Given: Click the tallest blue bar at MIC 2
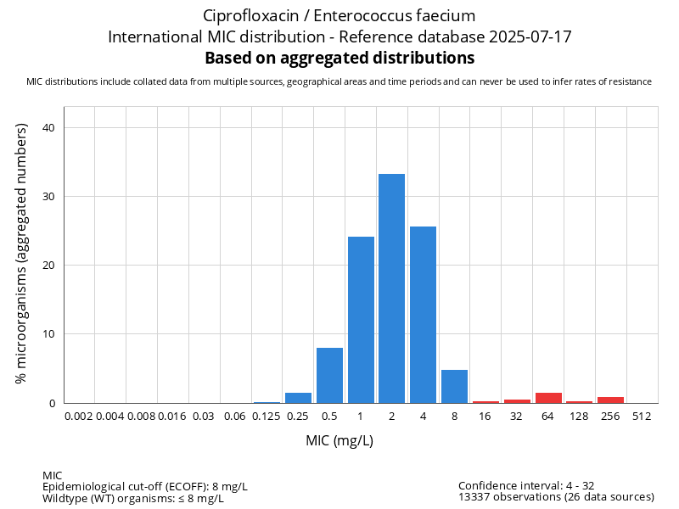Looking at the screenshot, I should (391, 288).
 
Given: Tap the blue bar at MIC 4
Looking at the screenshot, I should (423, 315).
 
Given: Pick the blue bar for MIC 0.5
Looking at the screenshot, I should (329, 375).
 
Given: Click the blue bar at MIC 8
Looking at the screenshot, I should (454, 387).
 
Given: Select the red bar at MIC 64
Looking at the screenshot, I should (548, 398).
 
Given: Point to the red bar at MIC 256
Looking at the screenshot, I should (610, 400).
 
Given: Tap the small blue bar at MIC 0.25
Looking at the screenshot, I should (298, 398).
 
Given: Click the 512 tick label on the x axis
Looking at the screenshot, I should (642, 416).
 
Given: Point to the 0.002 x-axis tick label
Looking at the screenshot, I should (79, 416).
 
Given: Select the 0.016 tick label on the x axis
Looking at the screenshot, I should (172, 416).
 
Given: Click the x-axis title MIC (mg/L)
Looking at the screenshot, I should (339, 441).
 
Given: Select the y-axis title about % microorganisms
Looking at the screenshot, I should (22, 253).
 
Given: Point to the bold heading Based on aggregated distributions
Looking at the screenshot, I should (339, 59).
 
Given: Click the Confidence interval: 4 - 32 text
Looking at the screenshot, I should (526, 485).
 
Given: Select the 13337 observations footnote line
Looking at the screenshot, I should (556, 497).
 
